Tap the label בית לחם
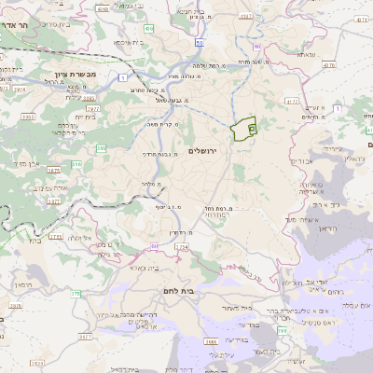point(186,291)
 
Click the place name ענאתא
point(307,56)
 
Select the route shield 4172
point(292,100)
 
